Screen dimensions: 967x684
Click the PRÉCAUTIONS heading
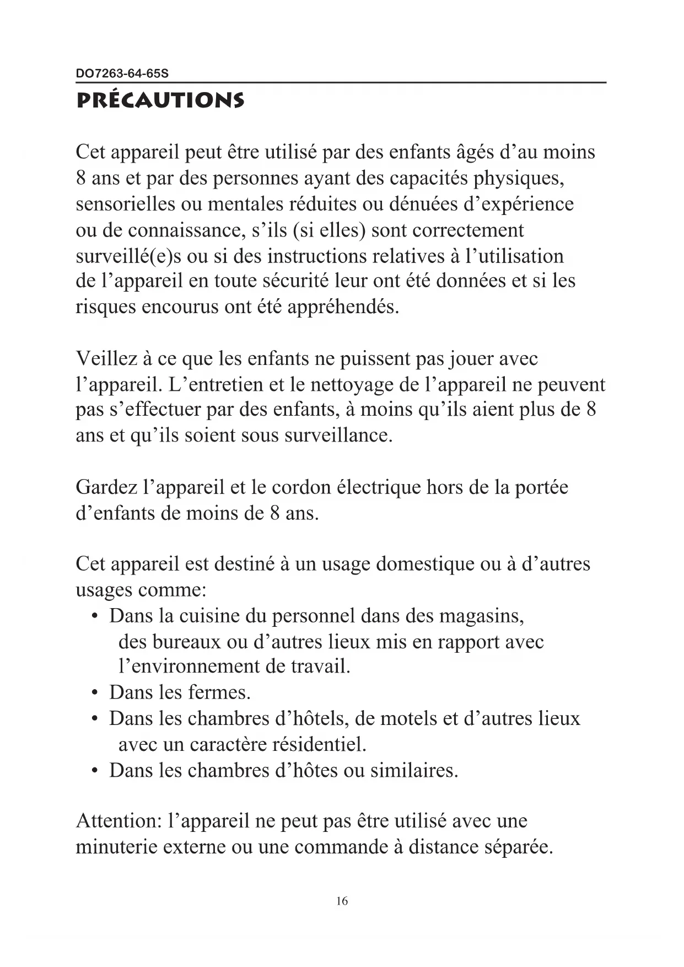(x=160, y=100)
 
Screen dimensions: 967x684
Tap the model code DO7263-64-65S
(x=122, y=73)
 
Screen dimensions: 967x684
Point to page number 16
(x=342, y=901)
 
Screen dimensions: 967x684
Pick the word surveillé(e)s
(x=128, y=256)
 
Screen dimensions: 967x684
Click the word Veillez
(x=106, y=359)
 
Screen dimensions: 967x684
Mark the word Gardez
(x=106, y=487)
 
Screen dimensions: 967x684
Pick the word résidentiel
(x=319, y=744)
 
